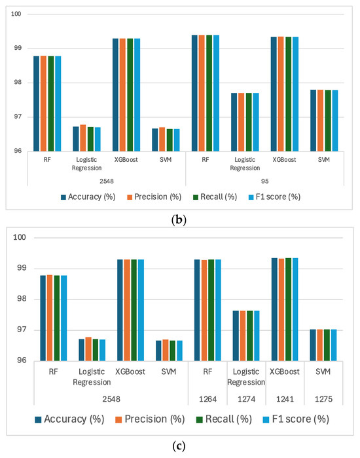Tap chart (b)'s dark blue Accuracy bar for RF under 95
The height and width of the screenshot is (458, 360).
(x=194, y=93)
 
